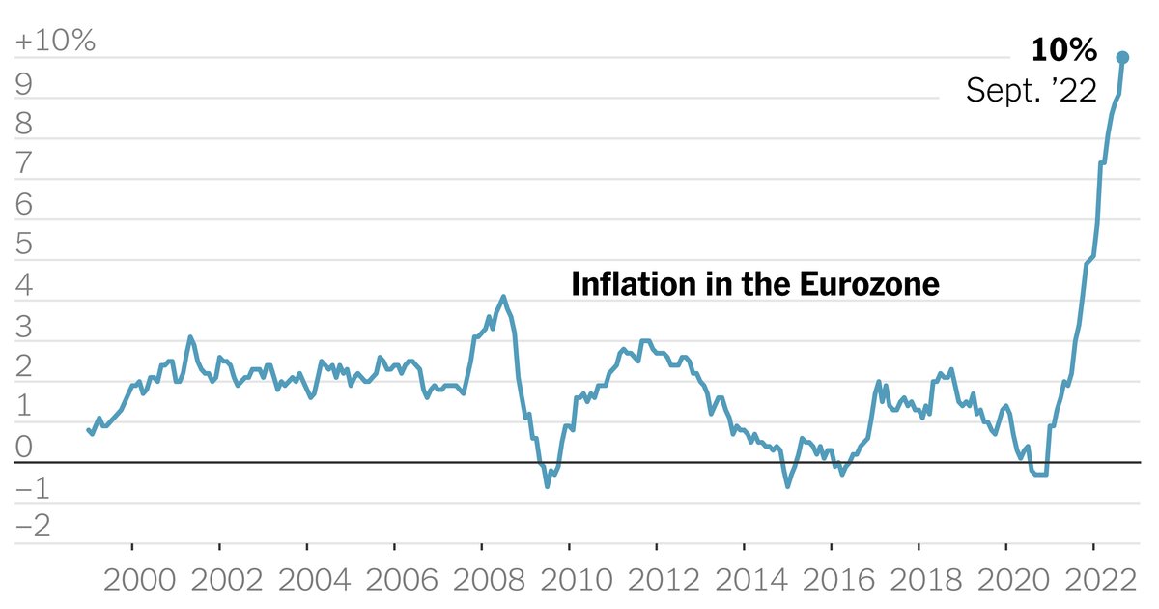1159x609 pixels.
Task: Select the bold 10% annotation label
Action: (x=1063, y=50)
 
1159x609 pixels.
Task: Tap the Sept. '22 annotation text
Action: (x=1032, y=92)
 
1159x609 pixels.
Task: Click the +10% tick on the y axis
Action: (x=54, y=42)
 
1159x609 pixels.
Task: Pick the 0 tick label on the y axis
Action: (x=24, y=447)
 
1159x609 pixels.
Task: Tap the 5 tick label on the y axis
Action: (x=24, y=245)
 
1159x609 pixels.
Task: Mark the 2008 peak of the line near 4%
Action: (x=503, y=297)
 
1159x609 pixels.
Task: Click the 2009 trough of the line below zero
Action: (x=548, y=485)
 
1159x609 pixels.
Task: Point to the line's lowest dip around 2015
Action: (x=787, y=485)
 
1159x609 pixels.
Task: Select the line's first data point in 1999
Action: (x=88, y=429)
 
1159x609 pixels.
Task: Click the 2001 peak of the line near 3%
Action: (x=190, y=337)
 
